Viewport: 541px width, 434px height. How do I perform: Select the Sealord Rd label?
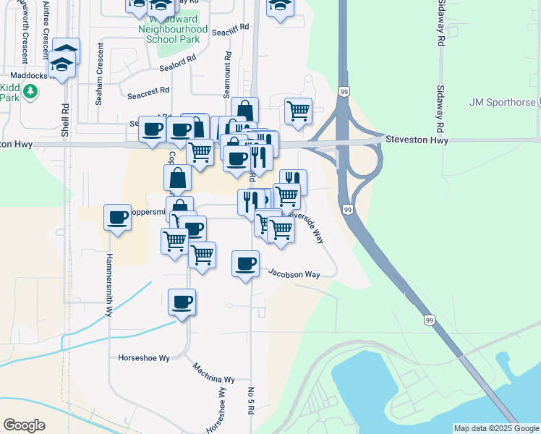(x=177, y=65)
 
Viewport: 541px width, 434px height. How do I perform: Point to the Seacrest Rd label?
(x=148, y=92)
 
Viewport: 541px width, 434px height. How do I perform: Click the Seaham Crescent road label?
(x=99, y=74)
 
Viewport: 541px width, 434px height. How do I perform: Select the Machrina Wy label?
(x=214, y=374)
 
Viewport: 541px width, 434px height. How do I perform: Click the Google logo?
(x=24, y=425)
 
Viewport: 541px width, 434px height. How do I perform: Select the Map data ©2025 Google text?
(x=495, y=428)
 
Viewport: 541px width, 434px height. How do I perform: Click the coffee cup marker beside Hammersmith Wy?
(x=117, y=217)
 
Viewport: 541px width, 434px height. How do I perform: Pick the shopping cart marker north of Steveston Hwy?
(x=298, y=111)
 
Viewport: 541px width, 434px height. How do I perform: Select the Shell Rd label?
(x=65, y=120)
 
